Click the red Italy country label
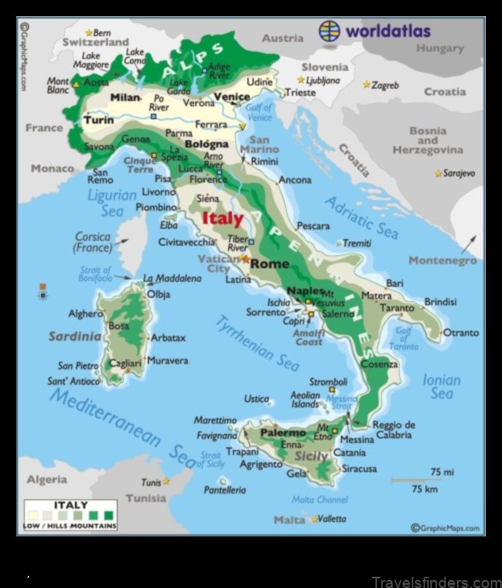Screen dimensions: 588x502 click(222, 218)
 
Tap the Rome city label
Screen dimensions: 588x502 click(269, 263)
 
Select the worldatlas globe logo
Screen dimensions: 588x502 click(330, 31)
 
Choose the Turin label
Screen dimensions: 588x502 click(98, 120)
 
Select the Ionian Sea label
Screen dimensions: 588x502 click(442, 386)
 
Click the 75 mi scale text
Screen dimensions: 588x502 click(442, 471)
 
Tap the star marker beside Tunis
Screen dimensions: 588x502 click(167, 481)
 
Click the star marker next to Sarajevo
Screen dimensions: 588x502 click(438, 173)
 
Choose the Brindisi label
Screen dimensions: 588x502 click(440, 301)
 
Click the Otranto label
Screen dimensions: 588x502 click(461, 332)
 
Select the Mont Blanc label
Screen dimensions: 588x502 click(58, 85)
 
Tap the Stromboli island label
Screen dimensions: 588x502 click(328, 381)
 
